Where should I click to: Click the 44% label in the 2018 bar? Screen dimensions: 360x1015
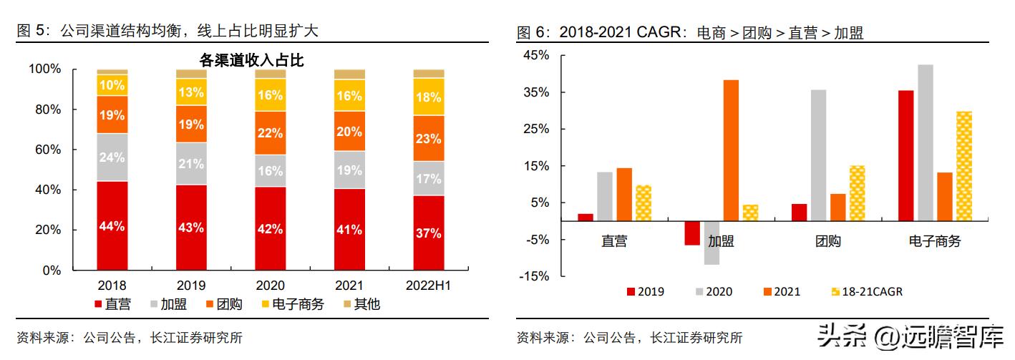112,226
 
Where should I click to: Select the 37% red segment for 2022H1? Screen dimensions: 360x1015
428,233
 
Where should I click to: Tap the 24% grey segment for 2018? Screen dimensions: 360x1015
112,157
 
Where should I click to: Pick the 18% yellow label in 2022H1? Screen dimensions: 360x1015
428,97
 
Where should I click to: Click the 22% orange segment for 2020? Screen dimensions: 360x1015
270,133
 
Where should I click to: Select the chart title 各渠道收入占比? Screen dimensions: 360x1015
251,61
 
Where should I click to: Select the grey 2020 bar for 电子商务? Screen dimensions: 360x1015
925,143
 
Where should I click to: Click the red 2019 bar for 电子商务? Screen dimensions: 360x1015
905,155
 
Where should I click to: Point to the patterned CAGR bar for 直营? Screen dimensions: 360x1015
644,203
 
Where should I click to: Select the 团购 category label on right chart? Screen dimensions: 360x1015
827,242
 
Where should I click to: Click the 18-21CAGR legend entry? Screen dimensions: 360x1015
868,291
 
